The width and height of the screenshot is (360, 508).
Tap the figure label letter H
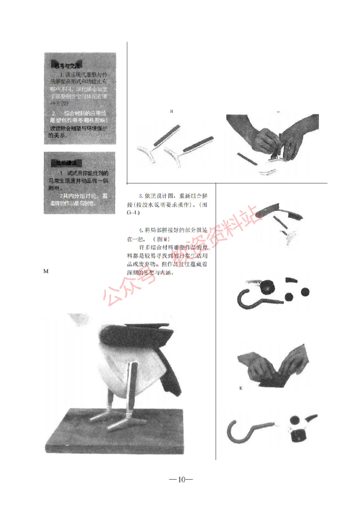click(171, 111)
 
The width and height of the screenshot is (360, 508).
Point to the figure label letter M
click(45, 272)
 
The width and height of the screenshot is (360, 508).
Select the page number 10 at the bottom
click(181, 479)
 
